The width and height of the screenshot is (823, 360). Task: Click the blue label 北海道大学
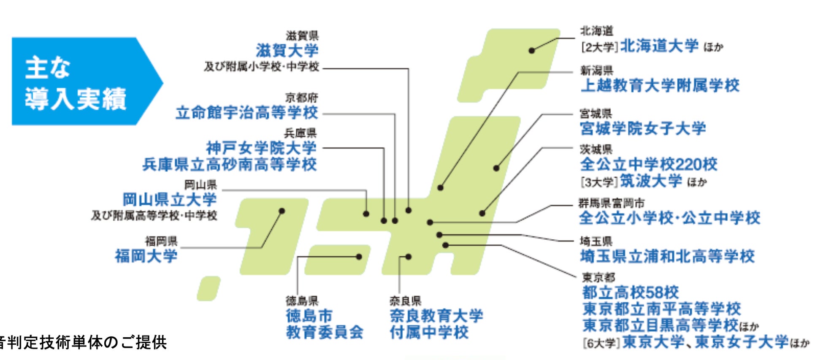click(659, 46)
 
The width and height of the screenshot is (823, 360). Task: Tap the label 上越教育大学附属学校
click(660, 86)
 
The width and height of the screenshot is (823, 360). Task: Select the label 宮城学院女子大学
click(642, 128)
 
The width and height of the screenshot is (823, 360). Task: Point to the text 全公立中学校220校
click(648, 164)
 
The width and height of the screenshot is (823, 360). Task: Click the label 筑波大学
click(651, 181)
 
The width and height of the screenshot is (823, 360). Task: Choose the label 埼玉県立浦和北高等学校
click(667, 256)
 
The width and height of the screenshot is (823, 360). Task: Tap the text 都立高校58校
click(630, 292)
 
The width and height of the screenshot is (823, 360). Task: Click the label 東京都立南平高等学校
click(661, 309)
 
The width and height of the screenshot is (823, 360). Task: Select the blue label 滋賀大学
click(287, 51)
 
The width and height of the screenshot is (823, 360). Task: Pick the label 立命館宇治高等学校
click(247, 113)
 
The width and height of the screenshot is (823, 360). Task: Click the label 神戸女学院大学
click(261, 148)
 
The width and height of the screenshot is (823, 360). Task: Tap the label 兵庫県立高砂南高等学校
click(230, 164)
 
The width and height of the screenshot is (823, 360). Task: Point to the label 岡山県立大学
click(170, 199)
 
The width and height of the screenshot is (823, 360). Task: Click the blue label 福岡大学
click(146, 256)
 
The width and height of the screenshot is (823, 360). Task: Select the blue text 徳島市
click(309, 315)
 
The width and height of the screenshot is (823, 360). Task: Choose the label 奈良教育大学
click(436, 315)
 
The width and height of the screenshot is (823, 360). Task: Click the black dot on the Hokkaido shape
click(532, 51)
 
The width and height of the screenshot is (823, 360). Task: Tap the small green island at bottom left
click(208, 289)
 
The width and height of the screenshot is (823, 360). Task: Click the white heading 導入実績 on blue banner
click(76, 99)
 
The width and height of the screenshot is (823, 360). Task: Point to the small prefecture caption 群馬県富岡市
click(611, 203)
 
